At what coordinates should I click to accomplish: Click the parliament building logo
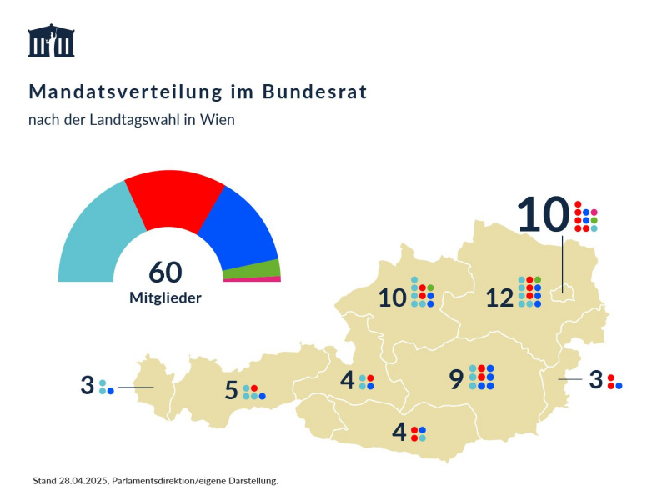pos(51,41)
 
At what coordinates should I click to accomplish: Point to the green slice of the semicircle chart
pos(265,268)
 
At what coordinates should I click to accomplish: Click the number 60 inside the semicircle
pos(165,272)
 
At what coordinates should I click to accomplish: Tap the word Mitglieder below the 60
pos(165,297)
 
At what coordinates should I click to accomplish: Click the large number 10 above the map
pos(542,214)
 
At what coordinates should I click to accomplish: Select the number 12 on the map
pos(499,297)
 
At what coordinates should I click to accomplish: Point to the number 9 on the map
pos(455,379)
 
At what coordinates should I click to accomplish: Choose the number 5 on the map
pos(231,390)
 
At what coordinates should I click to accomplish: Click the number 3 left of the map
pos(87,386)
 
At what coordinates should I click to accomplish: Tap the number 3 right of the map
pos(595,379)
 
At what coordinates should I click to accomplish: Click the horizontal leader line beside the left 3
pos(135,387)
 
